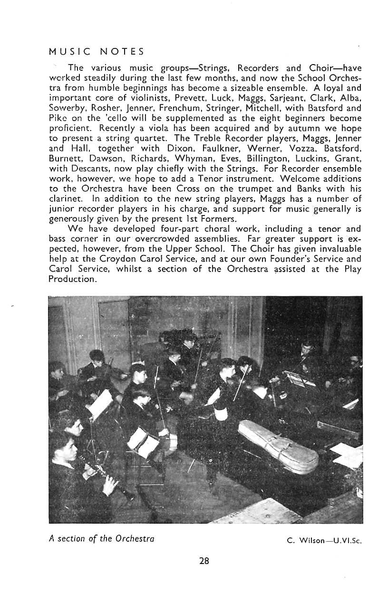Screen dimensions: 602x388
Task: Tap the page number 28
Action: tap(204, 561)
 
